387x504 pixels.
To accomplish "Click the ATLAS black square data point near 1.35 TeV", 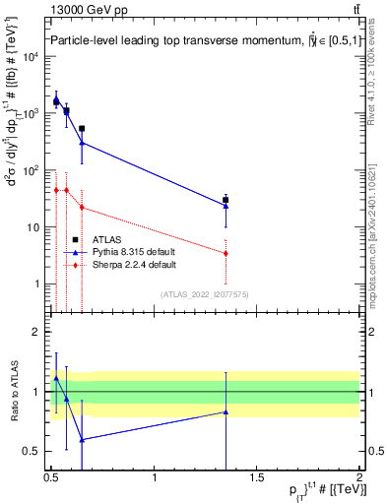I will [x=226, y=200].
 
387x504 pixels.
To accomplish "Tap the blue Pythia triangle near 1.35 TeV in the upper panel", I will [x=226, y=206].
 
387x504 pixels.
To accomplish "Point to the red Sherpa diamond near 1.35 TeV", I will [x=226, y=253].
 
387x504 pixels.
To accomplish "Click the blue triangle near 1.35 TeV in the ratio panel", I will [x=226, y=411].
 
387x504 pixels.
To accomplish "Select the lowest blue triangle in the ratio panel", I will [x=82, y=440].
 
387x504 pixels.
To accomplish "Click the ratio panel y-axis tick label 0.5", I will [x=32, y=451].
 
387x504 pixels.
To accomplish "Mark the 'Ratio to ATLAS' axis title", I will [x=13, y=392].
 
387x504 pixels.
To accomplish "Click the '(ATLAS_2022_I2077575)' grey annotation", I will [x=205, y=293].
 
